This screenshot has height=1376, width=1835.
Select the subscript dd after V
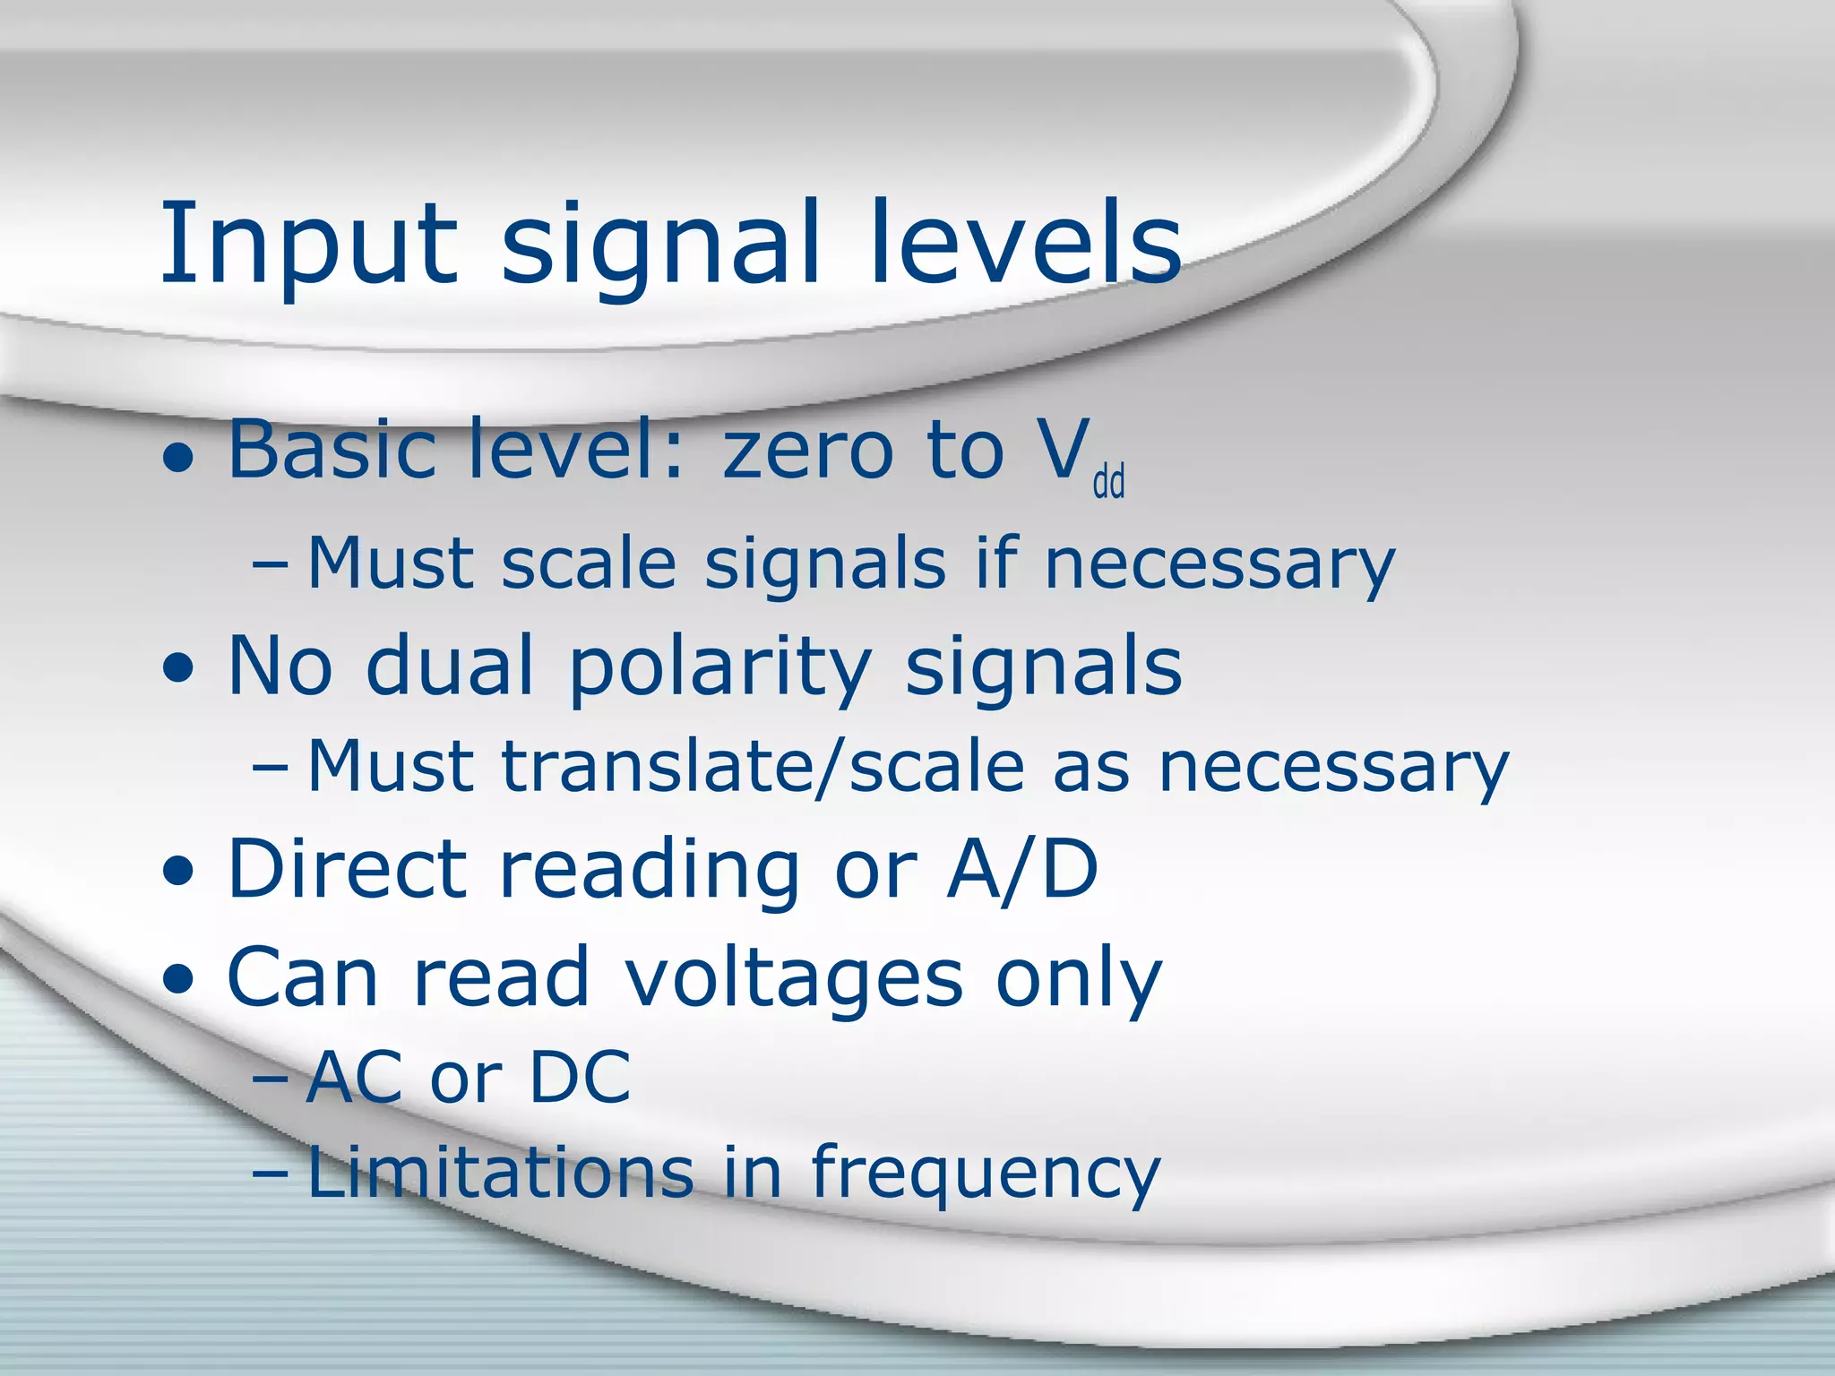coord(1108,482)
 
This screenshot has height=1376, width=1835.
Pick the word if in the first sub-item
coord(994,563)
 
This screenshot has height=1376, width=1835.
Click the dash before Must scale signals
coord(271,567)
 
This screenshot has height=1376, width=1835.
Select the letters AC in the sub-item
coord(354,1077)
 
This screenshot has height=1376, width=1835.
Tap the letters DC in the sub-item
coord(580,1077)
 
